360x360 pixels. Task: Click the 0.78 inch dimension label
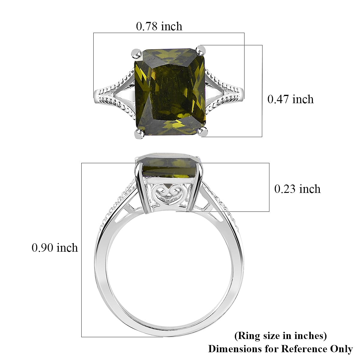159,26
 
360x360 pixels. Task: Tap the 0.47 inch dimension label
290,99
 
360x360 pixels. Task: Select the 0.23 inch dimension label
297,189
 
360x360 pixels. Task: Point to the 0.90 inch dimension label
55,248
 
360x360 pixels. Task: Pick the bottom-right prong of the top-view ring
203,131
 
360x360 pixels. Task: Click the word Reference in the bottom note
303,349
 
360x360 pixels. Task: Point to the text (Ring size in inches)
280,336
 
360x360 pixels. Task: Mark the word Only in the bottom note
341,349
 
